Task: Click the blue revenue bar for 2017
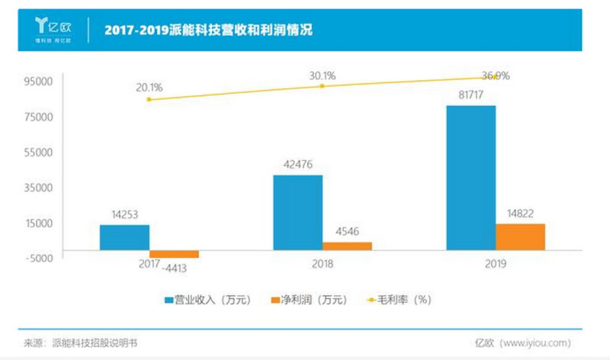tap(124, 237)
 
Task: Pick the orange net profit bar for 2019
tap(520, 236)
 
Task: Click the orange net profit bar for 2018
tap(347, 246)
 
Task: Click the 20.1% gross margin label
tap(149, 86)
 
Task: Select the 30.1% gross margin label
tap(322, 76)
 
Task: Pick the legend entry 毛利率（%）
tap(400, 300)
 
